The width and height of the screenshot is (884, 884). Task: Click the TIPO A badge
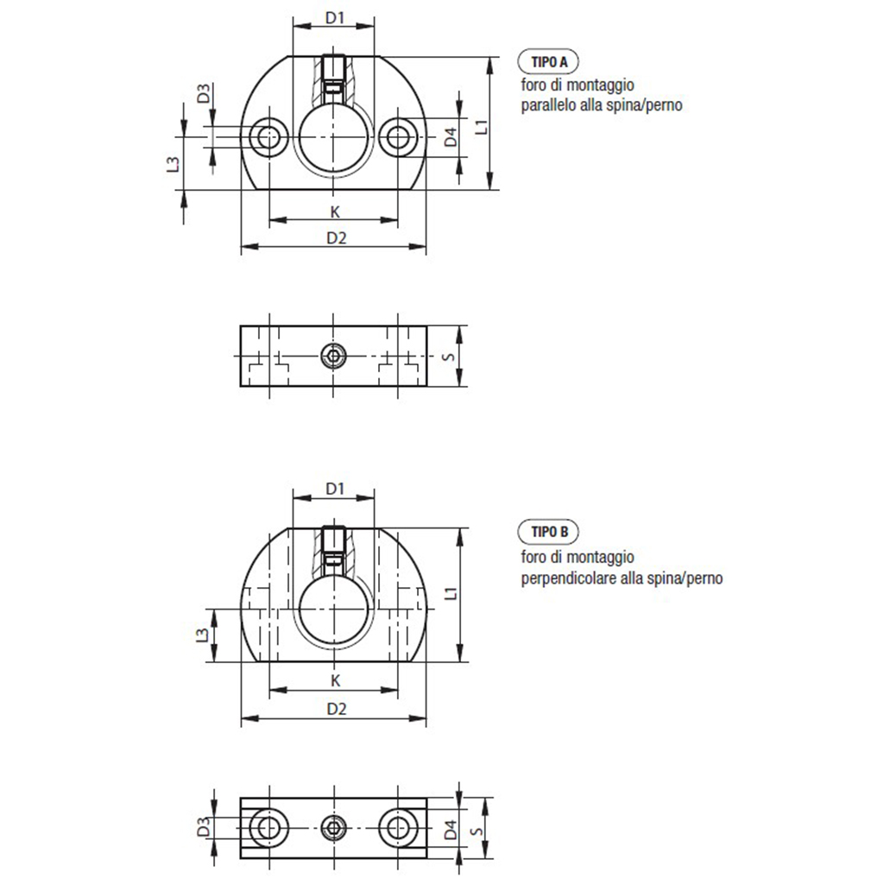coord(548,62)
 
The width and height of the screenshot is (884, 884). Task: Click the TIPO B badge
coord(548,532)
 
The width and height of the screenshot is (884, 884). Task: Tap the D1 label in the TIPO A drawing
coord(335,18)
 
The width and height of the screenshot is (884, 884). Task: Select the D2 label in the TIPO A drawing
coord(337,238)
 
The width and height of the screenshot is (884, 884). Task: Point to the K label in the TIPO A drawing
coord(336,212)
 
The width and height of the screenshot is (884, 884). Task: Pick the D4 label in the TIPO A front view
coord(451,137)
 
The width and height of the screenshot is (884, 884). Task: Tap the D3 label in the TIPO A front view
coord(204,93)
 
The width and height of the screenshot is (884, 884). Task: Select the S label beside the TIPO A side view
coord(449,357)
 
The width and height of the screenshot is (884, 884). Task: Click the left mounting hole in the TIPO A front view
coord(269,136)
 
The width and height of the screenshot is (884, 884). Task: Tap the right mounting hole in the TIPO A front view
coord(398,136)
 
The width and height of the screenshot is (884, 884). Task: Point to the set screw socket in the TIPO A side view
coord(334,356)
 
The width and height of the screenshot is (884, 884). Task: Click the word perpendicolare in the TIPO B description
coord(570,578)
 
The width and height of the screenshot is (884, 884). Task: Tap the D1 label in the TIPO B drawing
coord(335,489)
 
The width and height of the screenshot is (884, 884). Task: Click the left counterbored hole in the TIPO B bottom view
coord(269,828)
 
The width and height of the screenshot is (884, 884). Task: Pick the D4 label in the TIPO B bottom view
coord(451,830)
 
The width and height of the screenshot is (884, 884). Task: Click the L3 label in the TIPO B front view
coord(202,635)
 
